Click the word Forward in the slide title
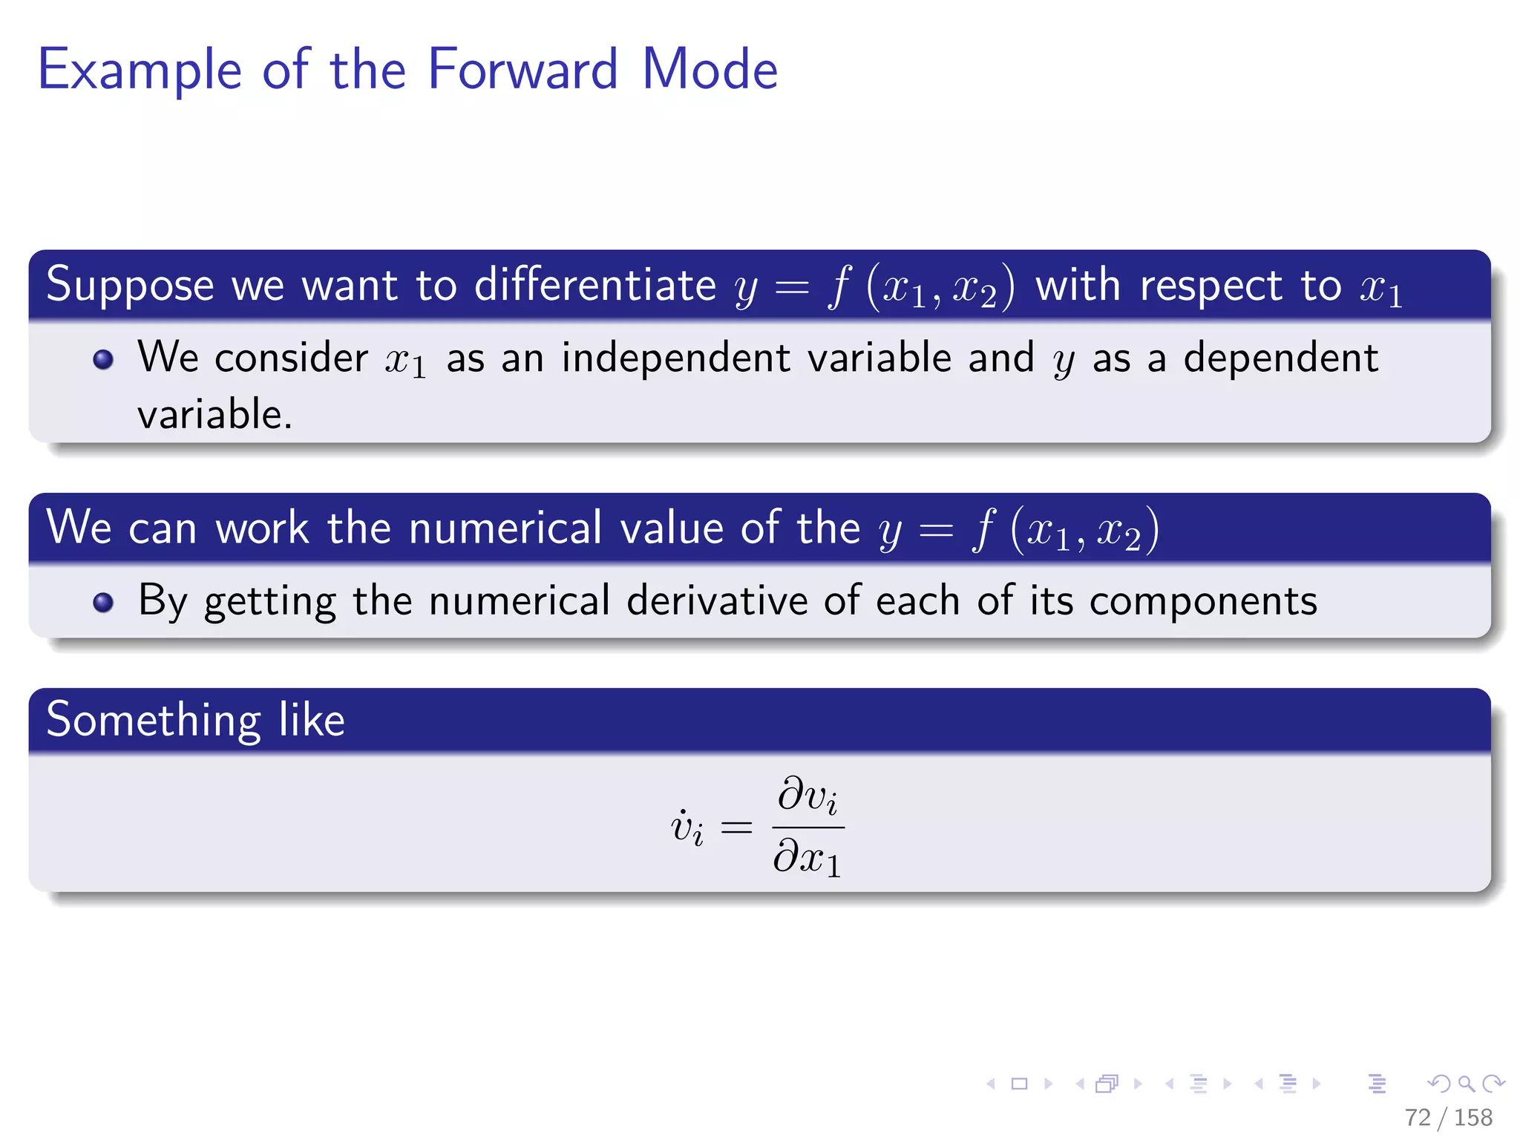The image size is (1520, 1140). point(522,69)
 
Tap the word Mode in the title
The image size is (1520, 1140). point(710,69)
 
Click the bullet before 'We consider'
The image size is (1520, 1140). point(103,360)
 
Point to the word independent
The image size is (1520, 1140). point(676,358)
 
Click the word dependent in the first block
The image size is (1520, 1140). point(1280,358)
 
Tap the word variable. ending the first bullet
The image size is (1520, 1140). point(214,414)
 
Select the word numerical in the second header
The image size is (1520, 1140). point(505,528)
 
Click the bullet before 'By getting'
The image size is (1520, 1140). point(103,602)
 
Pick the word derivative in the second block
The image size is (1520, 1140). point(717,600)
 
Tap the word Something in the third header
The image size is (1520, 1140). point(153,720)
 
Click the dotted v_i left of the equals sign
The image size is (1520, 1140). point(687,827)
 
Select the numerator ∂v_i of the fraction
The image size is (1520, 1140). point(807,796)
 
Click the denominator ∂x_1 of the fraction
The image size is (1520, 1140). point(807,858)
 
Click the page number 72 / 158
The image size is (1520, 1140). point(1447,1117)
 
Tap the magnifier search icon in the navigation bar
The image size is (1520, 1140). point(1466,1084)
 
